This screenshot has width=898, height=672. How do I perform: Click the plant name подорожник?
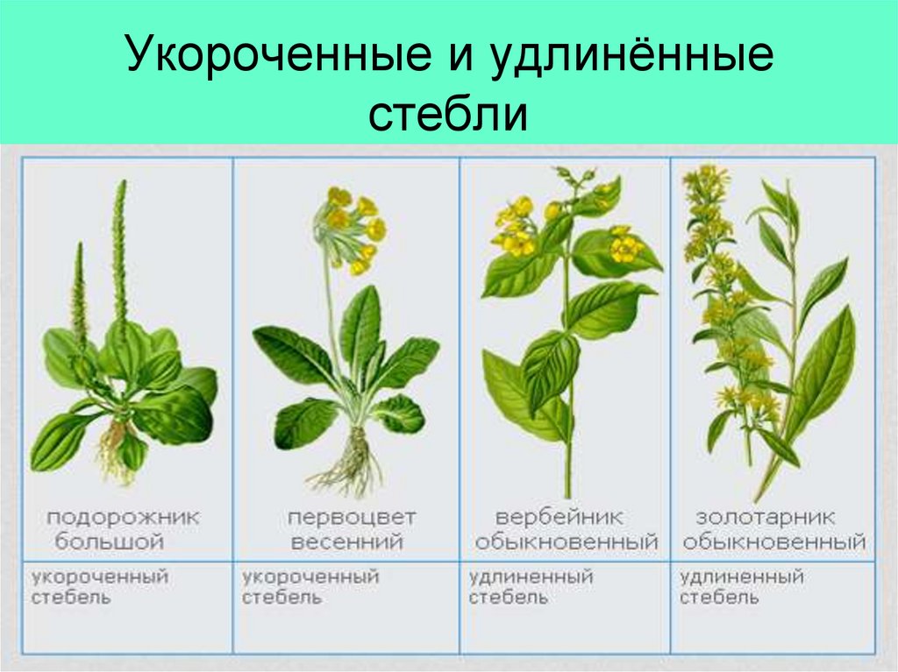click(123, 517)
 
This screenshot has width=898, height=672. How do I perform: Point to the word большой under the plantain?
click(110, 541)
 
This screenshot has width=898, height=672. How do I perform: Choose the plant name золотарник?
click(766, 517)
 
